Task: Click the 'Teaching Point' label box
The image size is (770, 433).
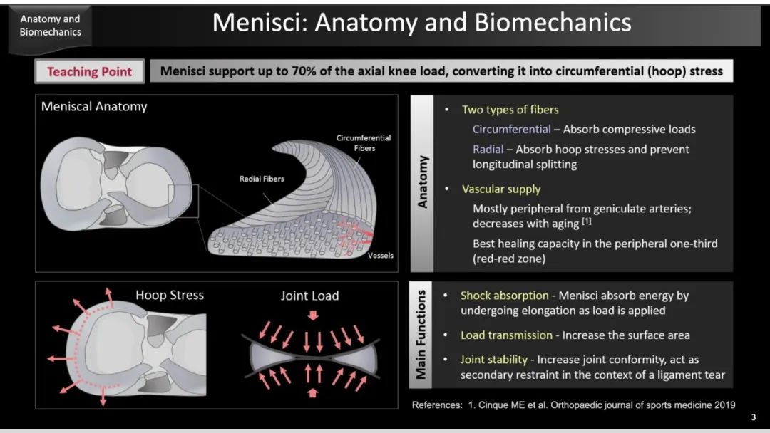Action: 89,72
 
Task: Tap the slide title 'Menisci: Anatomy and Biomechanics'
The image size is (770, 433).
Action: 422,23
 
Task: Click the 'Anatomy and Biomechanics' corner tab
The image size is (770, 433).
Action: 50,26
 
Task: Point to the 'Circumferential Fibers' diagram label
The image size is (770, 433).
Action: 364,143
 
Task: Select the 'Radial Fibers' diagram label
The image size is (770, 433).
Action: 262,179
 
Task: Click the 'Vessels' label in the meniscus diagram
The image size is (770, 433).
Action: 381,256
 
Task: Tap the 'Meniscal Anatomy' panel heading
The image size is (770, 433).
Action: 94,107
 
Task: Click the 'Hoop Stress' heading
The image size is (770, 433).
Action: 170,296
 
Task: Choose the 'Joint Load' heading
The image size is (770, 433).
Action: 310,296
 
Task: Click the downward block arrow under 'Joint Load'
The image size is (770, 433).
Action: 313,315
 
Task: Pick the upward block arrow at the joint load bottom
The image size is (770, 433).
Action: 312,392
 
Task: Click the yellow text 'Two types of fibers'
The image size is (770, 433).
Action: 510,110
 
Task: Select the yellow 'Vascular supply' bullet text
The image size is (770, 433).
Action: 501,189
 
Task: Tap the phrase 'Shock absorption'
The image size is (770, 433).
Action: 504,296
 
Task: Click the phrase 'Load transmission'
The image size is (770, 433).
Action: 506,335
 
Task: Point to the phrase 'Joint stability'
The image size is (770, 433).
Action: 493,360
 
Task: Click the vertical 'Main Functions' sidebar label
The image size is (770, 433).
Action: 421,335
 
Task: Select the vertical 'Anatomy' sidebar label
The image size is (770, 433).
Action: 422,182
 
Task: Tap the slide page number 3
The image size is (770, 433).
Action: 754,417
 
